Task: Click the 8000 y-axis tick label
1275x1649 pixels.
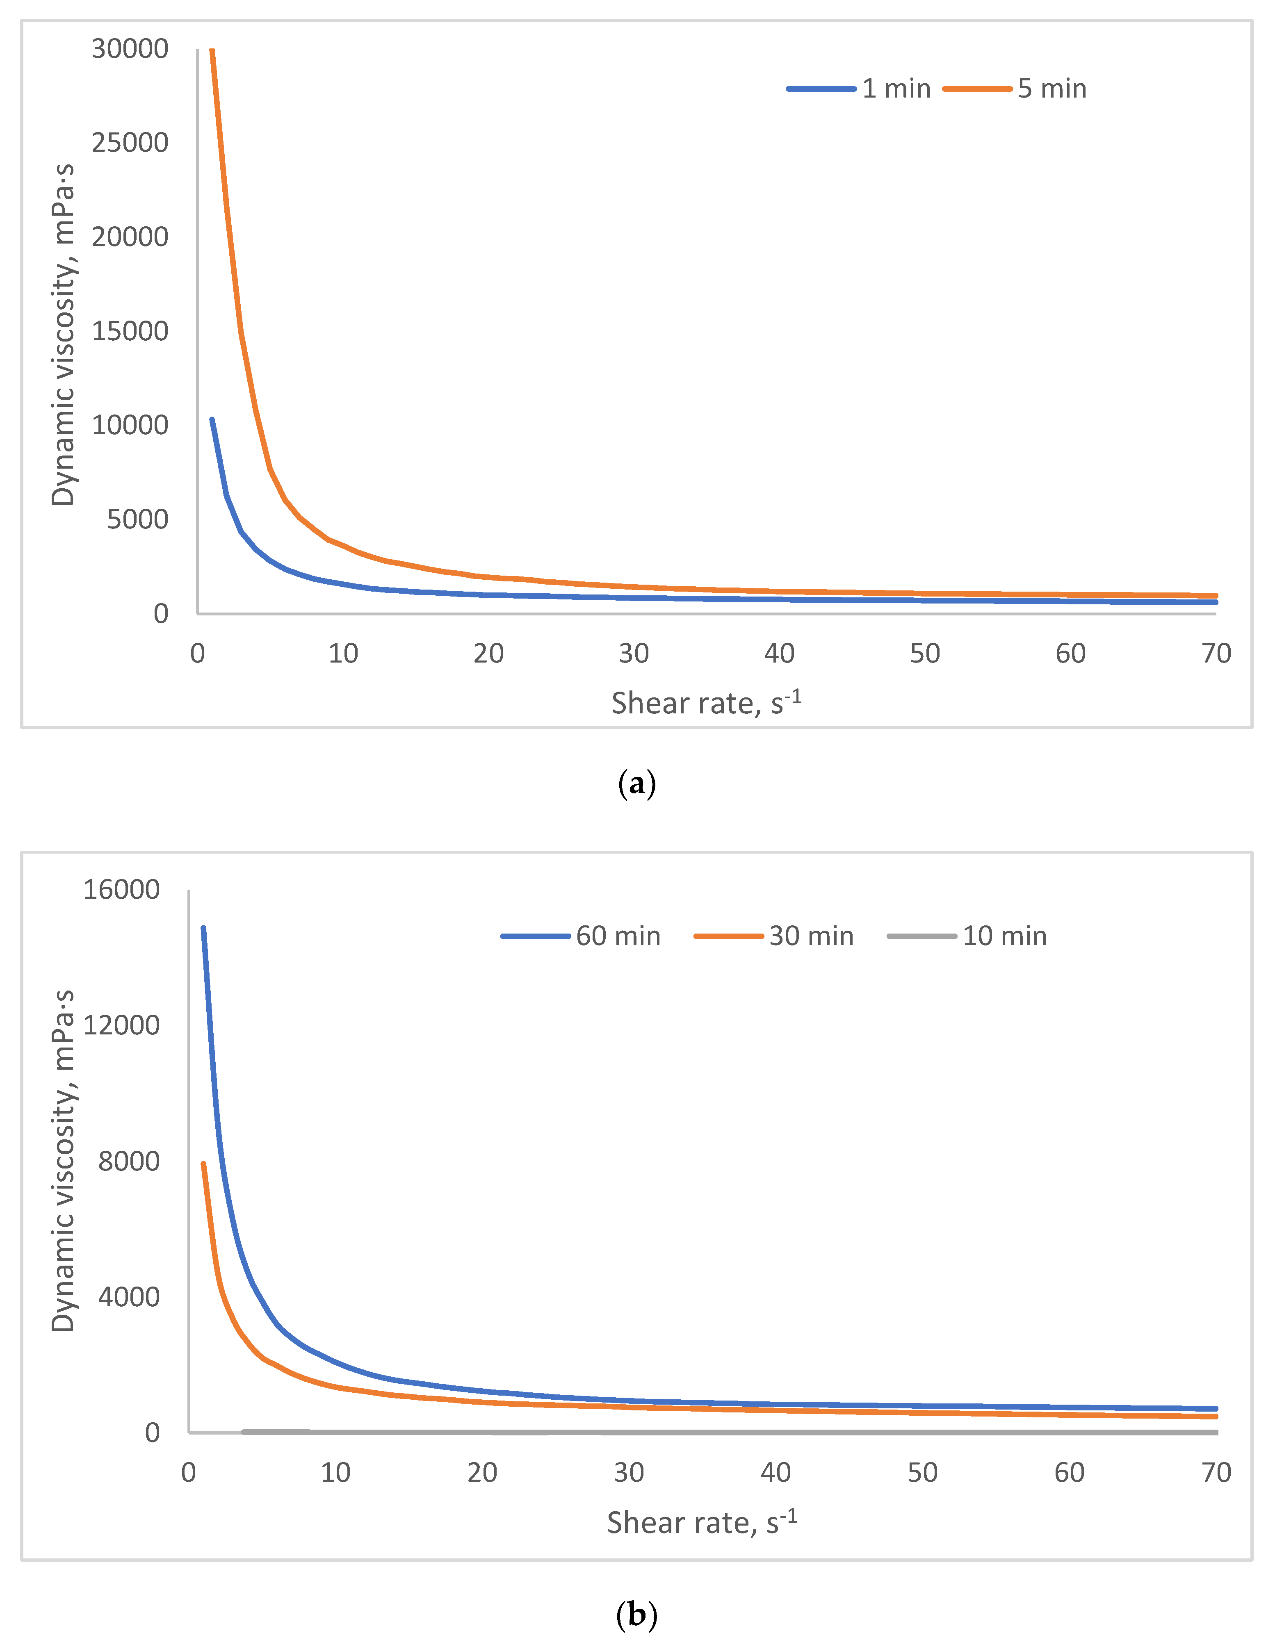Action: coord(128,1161)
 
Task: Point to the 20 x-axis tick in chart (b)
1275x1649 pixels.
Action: coord(482,1472)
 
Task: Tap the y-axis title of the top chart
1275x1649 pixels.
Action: coord(64,332)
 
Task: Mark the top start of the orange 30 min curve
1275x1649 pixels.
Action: coord(203,1164)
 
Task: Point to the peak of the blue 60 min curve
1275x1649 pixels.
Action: coord(203,928)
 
